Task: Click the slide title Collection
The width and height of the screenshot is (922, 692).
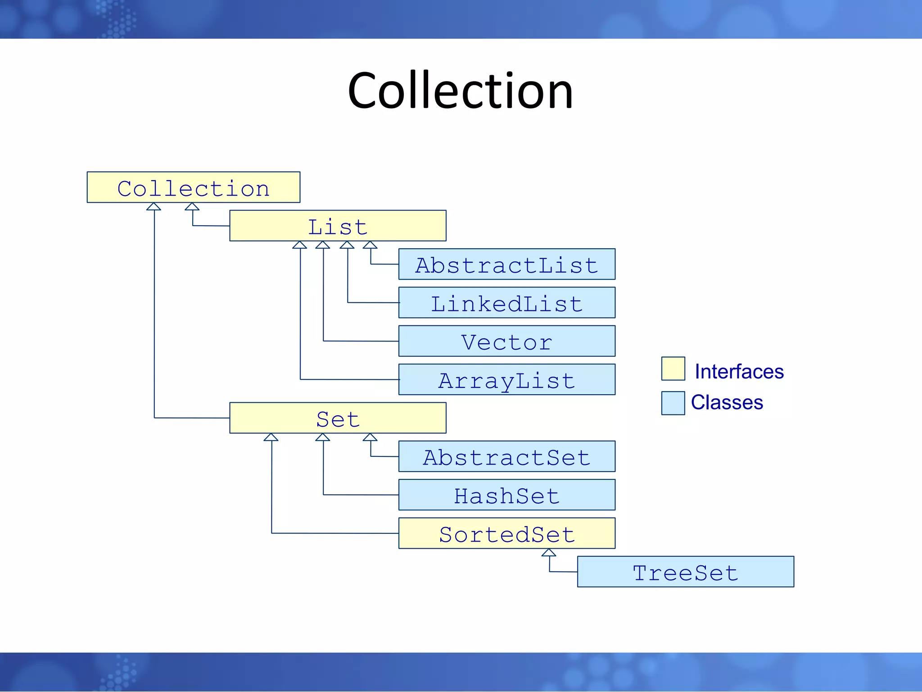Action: pos(460,91)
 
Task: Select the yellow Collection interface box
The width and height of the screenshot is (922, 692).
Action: pos(193,187)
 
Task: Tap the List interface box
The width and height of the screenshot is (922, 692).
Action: pos(338,226)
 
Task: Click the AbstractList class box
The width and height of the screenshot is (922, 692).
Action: pos(506,264)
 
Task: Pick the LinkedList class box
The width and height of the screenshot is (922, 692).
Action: pos(506,303)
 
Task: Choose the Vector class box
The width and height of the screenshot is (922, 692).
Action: pos(506,341)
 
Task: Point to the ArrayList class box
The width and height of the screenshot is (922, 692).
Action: pos(506,380)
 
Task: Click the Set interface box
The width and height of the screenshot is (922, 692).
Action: pos(338,418)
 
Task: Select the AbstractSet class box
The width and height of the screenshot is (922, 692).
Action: pos(506,456)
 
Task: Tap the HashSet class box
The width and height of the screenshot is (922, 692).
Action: pos(506,495)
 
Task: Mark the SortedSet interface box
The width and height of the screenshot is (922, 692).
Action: pos(506,533)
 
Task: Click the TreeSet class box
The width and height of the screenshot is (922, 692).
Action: pos(685,572)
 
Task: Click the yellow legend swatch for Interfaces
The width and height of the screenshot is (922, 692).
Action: pos(673,369)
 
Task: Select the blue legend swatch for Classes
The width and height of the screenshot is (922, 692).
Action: pos(673,403)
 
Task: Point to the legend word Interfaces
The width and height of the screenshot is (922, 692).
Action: pos(739,372)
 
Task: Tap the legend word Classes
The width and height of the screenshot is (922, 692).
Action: pos(727,402)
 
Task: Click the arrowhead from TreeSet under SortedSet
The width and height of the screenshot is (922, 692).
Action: pos(549,553)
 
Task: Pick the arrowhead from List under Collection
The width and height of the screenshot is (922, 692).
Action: pos(192,207)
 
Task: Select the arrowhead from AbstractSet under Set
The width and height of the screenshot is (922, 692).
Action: pos(370,437)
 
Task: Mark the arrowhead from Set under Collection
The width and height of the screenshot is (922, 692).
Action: pos(154,207)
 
